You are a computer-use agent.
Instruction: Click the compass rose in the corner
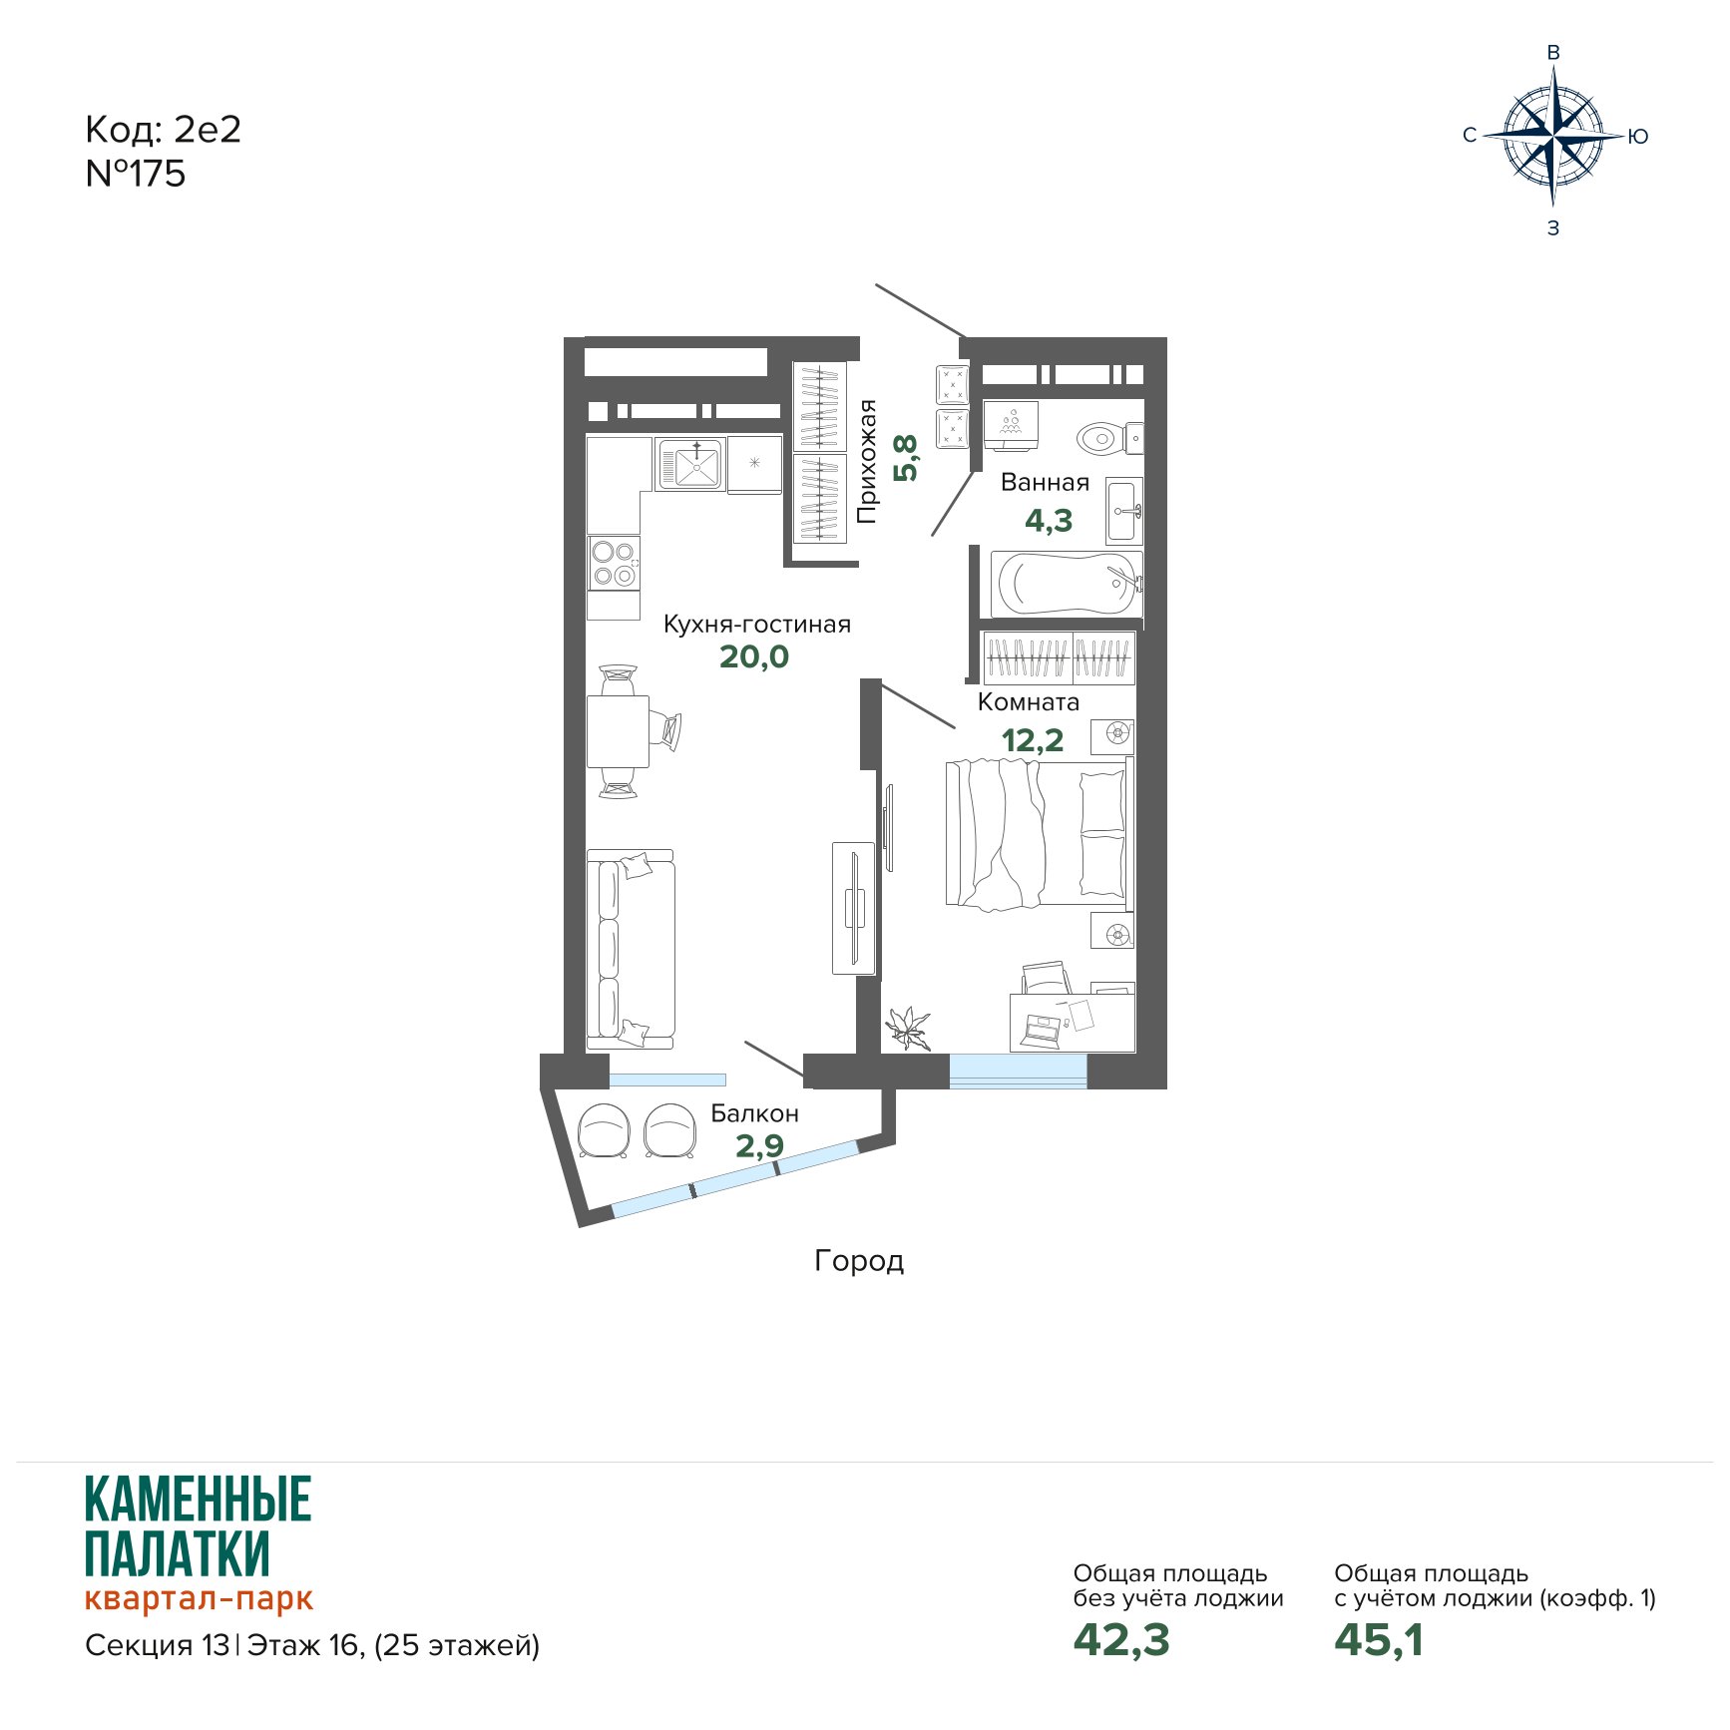(1553, 136)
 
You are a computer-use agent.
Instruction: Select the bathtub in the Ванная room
(1067, 584)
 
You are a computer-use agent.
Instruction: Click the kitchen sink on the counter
(689, 464)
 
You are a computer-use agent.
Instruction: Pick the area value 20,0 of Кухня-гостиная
(754, 656)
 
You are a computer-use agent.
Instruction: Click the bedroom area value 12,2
(1033, 740)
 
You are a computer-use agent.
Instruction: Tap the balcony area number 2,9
(759, 1146)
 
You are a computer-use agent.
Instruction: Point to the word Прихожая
(867, 461)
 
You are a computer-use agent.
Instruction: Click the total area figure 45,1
(1379, 1640)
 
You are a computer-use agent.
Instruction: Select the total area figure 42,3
(1121, 1640)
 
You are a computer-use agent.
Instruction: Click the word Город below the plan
(859, 1261)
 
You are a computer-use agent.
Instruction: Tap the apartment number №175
(136, 174)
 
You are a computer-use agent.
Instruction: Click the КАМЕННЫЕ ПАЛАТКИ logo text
(198, 1526)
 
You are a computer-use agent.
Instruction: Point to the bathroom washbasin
(1123, 510)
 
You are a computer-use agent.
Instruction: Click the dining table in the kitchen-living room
(618, 731)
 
